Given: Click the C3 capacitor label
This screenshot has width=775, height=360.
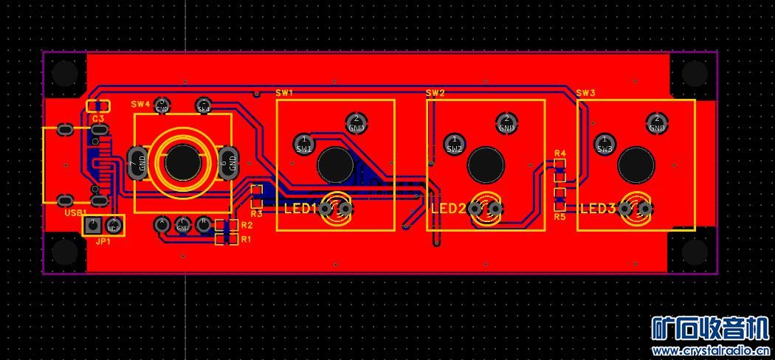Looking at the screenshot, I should point(98,118).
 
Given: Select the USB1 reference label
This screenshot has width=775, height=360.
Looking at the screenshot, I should point(76,212).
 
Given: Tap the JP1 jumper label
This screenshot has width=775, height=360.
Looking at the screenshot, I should point(103,240).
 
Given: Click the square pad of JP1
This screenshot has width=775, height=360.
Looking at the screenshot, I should point(92,225).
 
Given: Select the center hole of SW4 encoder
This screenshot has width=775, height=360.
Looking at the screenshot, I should point(182,162).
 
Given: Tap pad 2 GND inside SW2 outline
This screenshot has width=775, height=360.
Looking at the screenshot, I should point(506,122).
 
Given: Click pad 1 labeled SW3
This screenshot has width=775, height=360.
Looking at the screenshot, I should point(605,143).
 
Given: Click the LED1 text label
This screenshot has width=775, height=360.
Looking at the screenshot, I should point(300,209).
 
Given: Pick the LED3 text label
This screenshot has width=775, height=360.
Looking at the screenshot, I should point(597,209).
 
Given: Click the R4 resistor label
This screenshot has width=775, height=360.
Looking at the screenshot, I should point(559,153).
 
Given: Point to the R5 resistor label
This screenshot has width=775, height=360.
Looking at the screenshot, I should point(559,217).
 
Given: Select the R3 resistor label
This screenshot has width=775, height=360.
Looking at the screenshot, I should point(256,214).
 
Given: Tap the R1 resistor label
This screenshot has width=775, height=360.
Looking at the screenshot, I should point(246,239).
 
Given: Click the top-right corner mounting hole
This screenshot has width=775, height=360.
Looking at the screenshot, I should point(694,74).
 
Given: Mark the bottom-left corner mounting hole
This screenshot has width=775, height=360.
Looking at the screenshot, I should point(65,252).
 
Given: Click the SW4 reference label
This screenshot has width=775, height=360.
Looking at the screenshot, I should point(140,103).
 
